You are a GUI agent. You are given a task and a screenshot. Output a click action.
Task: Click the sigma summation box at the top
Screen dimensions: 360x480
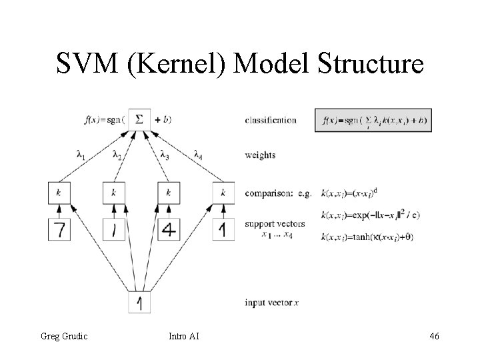[x=139, y=119]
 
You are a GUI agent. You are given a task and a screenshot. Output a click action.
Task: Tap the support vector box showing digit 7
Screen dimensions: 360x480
[x=59, y=229]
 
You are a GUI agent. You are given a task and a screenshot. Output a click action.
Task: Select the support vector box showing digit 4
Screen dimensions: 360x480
[x=169, y=229]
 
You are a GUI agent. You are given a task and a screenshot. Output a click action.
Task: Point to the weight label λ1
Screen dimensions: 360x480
[x=81, y=156]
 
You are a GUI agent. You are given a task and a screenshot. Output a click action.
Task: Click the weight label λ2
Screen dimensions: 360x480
[x=117, y=156]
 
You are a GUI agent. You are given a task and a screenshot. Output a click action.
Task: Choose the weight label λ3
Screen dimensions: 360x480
[x=165, y=156]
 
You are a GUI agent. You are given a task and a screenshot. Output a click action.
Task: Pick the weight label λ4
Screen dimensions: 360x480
[x=199, y=156]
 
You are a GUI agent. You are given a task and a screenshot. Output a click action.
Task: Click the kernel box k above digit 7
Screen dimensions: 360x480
[x=59, y=193]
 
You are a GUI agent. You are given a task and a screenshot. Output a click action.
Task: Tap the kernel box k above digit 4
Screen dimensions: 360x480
[x=169, y=193]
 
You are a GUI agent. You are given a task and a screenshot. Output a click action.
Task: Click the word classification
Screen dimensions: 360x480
[x=271, y=121]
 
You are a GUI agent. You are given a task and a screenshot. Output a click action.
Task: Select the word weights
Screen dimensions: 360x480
[x=260, y=155]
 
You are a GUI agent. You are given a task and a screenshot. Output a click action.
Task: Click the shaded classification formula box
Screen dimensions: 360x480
[x=375, y=121]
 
